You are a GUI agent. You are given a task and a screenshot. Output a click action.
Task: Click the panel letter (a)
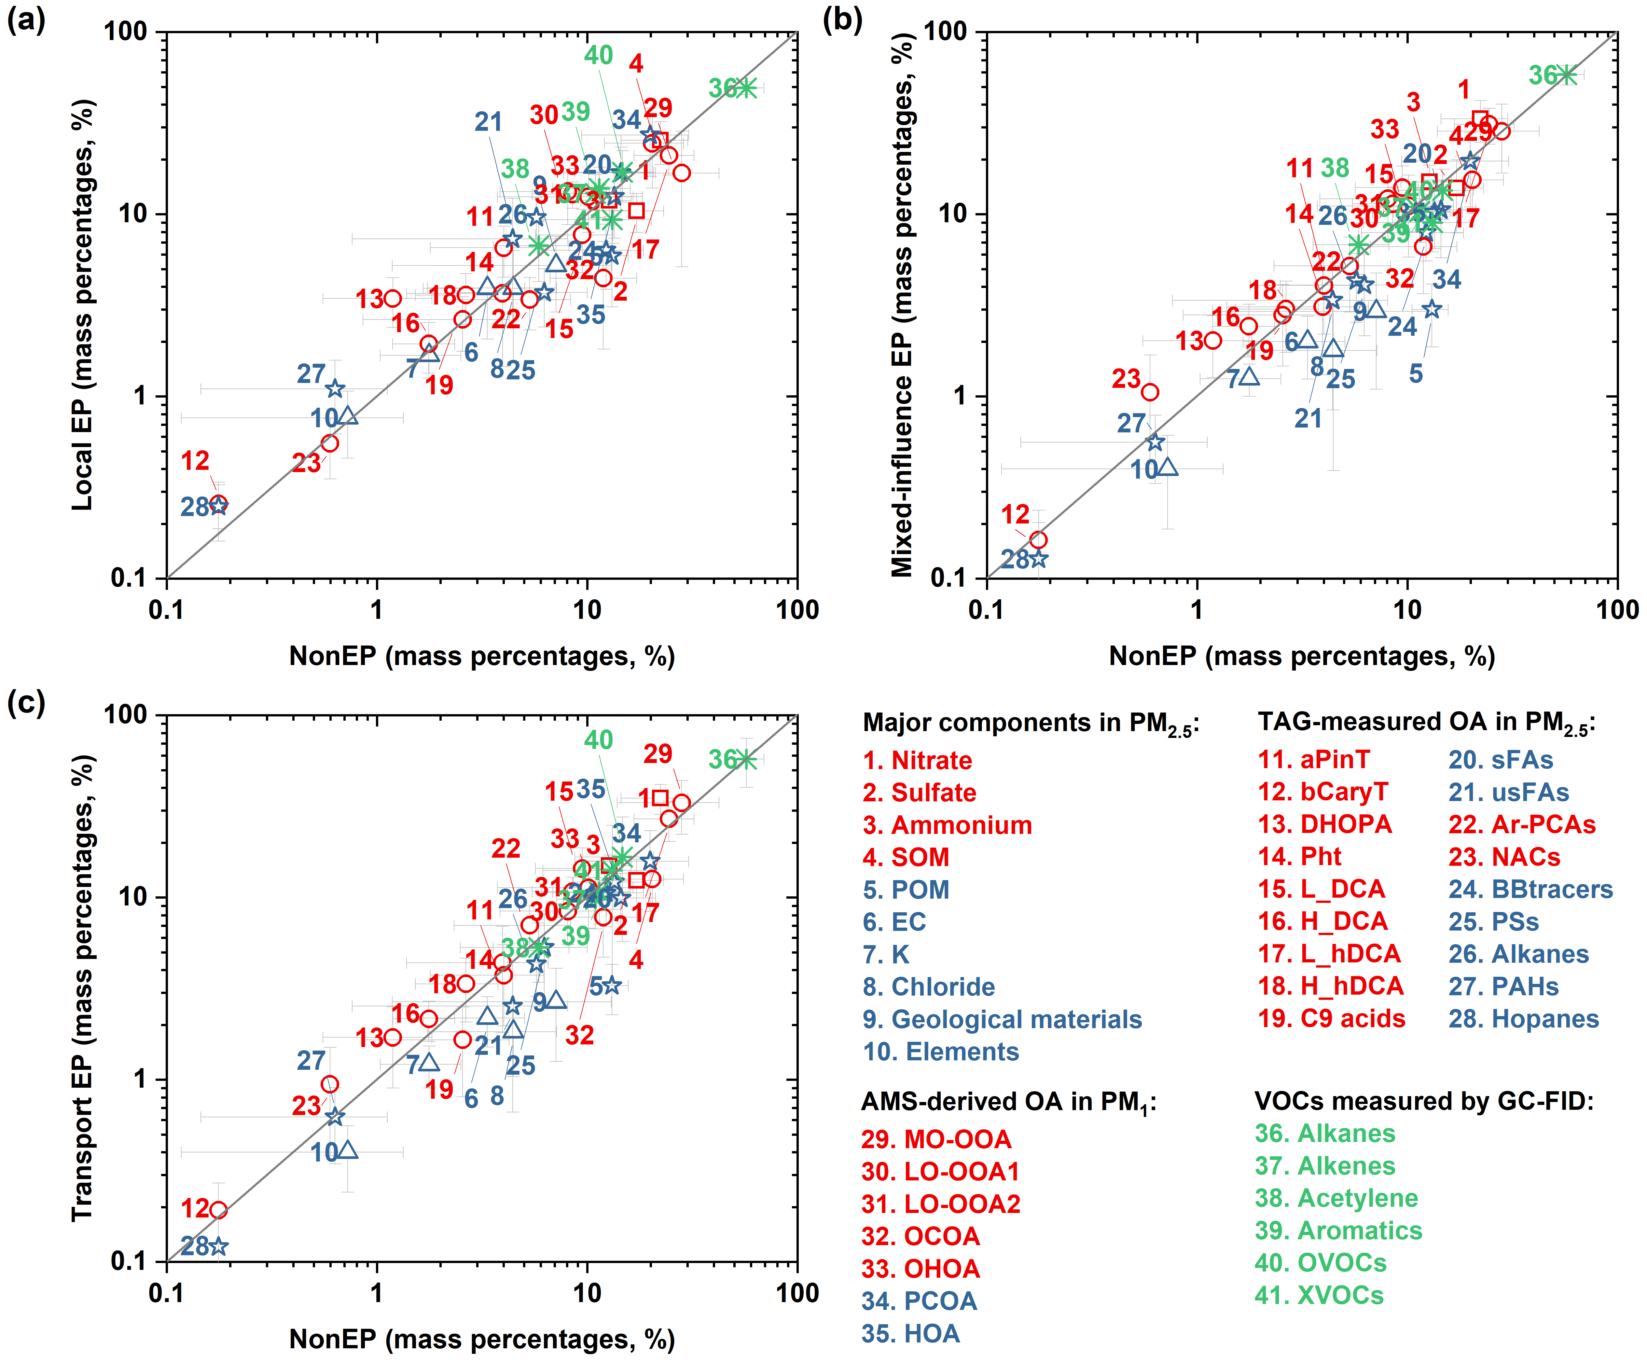pyautogui.click(x=26, y=19)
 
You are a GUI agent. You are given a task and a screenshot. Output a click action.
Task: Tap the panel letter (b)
pyautogui.click(x=842, y=19)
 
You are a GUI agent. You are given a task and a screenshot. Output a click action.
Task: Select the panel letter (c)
pyautogui.click(x=26, y=702)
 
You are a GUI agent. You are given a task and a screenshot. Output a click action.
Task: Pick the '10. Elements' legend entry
pyautogui.click(x=940, y=1051)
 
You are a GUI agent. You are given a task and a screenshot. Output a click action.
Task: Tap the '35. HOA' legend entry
pyautogui.click(x=910, y=1333)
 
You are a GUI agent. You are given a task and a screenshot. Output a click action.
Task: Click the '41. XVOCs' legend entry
pyautogui.click(x=1319, y=1295)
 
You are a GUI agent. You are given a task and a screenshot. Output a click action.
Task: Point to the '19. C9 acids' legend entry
pyautogui.click(x=1331, y=1018)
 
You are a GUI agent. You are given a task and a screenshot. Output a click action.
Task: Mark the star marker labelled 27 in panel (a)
pyautogui.click(x=335, y=388)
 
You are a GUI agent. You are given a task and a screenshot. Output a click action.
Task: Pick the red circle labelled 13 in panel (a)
pyautogui.click(x=393, y=298)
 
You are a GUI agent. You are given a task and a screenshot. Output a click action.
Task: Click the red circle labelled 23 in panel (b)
pyautogui.click(x=1149, y=392)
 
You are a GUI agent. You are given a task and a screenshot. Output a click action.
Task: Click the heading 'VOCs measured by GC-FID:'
pyautogui.click(x=1424, y=1101)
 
